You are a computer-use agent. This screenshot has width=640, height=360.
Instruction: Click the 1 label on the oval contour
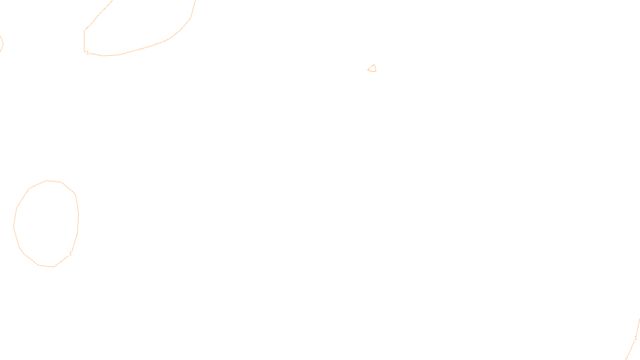coord(70,254)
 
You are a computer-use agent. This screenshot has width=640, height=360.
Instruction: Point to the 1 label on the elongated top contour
coord(88,53)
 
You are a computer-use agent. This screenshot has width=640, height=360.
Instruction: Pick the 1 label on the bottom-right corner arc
coord(636,338)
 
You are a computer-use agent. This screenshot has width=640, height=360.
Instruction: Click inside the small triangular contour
coord(372,69)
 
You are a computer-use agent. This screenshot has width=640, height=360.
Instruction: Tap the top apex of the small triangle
coord(374,64)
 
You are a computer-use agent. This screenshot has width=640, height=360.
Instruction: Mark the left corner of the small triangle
coord(368,70)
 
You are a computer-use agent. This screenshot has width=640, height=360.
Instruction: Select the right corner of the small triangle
coord(376,71)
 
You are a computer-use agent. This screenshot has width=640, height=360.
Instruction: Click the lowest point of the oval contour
coord(53,267)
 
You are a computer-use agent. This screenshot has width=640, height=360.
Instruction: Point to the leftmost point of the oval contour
coord(14,227)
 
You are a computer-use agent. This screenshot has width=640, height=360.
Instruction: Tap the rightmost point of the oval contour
coord(78,215)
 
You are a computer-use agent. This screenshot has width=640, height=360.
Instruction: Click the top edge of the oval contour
coord(47,181)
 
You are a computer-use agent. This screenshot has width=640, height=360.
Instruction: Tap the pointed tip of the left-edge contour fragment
coord(3,43)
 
